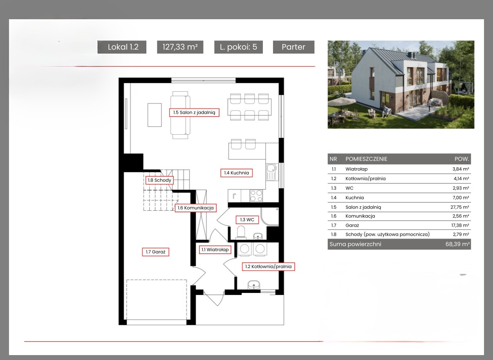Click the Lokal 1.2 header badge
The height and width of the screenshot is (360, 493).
[x=122, y=47]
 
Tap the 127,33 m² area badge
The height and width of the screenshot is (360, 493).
[x=180, y=47]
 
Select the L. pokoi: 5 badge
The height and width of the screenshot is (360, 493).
[x=238, y=47]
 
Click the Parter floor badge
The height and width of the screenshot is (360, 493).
[x=294, y=47]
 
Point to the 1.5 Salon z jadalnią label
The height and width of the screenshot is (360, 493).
[x=194, y=112]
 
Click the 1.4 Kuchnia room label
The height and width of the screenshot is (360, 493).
[x=236, y=173]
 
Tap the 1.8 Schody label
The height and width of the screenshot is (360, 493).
[x=159, y=180]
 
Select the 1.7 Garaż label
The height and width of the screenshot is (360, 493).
[x=156, y=252]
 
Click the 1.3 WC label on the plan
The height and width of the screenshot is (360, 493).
[x=247, y=220]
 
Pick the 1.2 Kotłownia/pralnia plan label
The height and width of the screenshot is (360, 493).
[x=268, y=266]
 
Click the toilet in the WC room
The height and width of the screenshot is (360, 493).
[x=241, y=232]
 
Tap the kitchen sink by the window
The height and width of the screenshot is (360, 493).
[x=271, y=172]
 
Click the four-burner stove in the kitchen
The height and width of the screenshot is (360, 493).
[x=256, y=196]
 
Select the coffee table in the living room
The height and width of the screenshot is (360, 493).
[x=155, y=115]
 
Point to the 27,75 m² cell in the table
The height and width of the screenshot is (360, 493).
[x=459, y=207]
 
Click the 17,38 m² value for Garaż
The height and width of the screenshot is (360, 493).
[x=460, y=225]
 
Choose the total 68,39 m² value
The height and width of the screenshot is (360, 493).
[x=457, y=244]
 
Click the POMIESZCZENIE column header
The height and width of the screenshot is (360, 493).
[x=366, y=159]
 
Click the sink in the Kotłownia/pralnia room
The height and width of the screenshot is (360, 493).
[x=254, y=284]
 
